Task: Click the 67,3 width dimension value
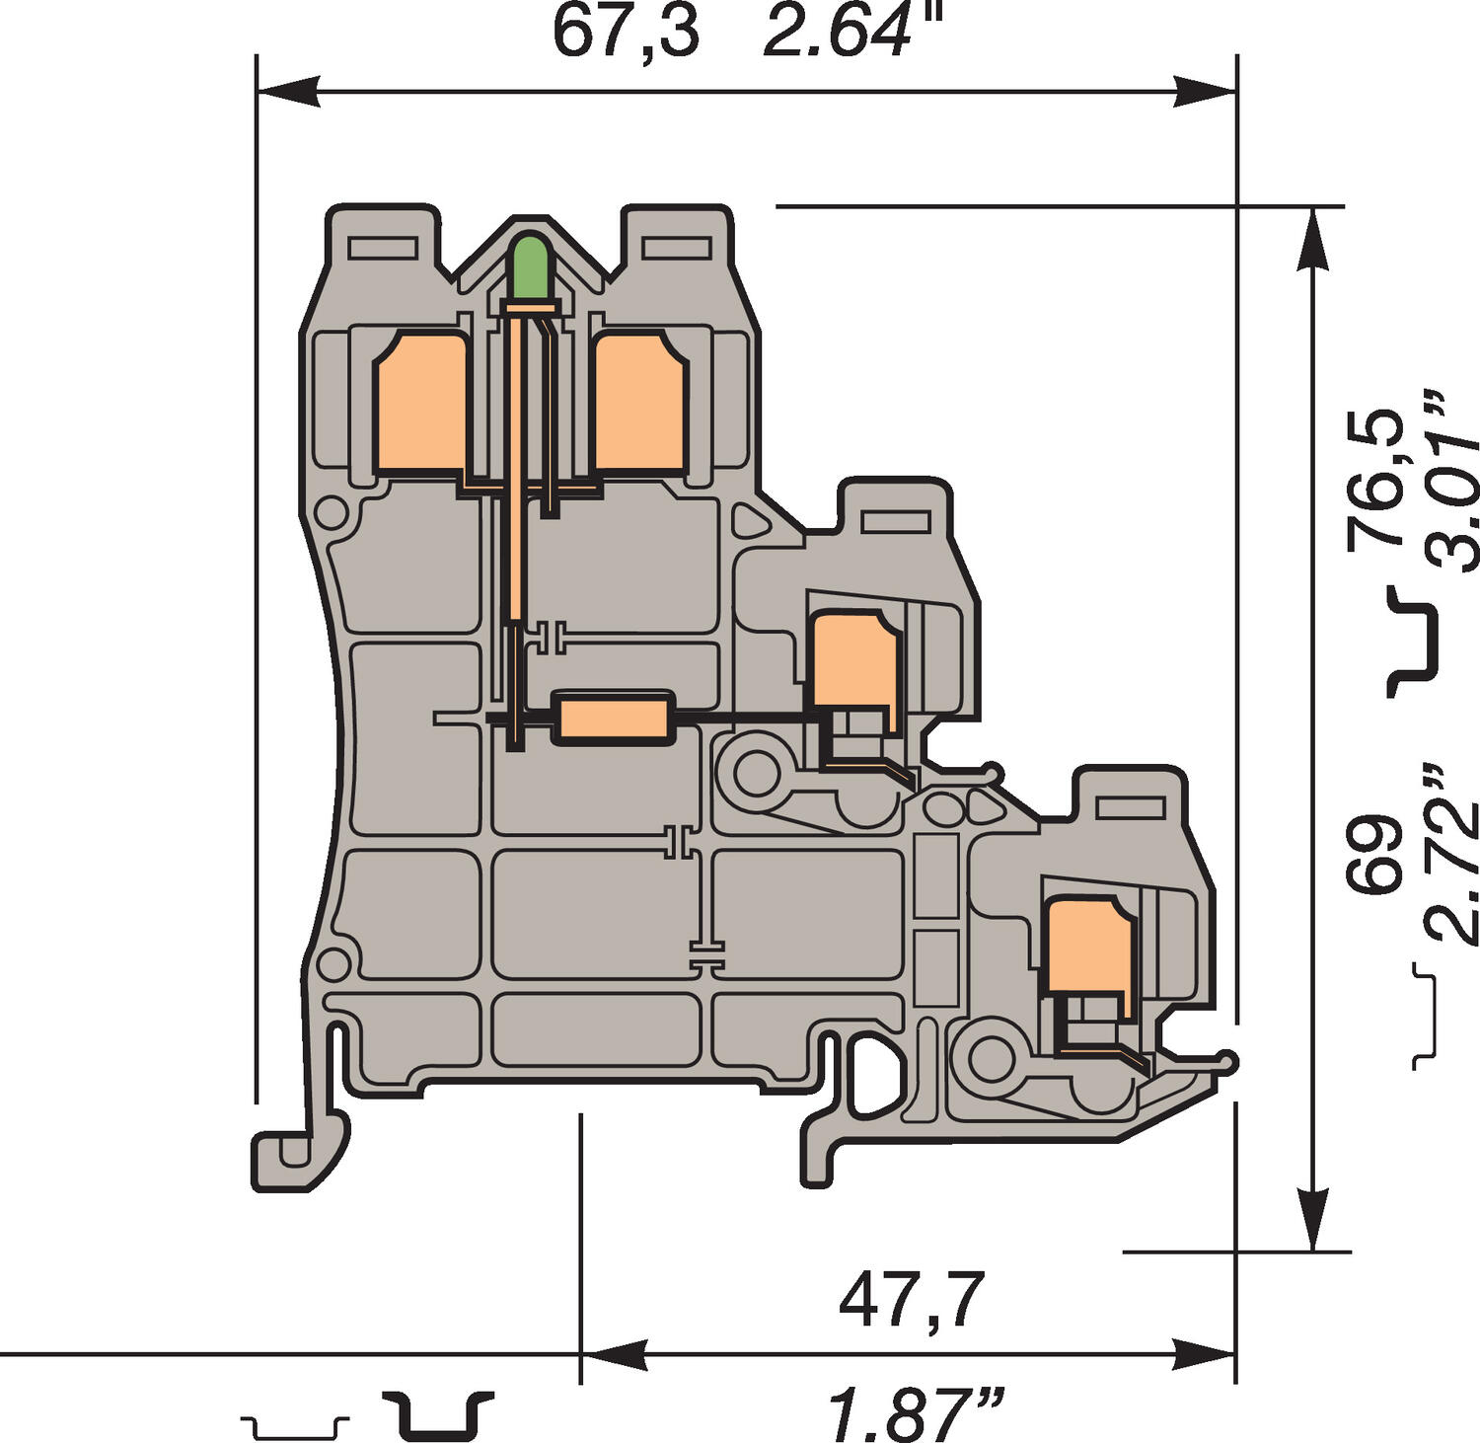click(625, 32)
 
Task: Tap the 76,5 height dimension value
click(1375, 477)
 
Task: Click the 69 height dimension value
click(1375, 855)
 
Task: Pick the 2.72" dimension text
click(1449, 854)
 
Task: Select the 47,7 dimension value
click(912, 1301)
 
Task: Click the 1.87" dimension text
click(916, 1413)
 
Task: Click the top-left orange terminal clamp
click(420, 403)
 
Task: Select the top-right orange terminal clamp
click(639, 403)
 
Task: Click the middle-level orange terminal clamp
click(854, 659)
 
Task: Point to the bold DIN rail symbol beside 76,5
click(1413, 641)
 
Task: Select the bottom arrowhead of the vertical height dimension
click(1311, 1220)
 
